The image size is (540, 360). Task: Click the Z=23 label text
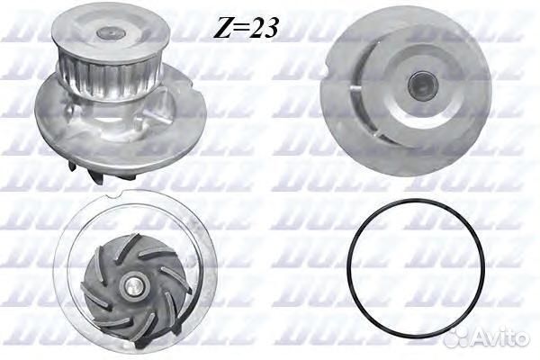(x=245, y=28)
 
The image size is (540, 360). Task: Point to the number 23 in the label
(x=263, y=28)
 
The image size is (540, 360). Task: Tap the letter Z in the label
(x=222, y=28)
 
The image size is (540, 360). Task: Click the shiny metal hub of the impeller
(x=133, y=289)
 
